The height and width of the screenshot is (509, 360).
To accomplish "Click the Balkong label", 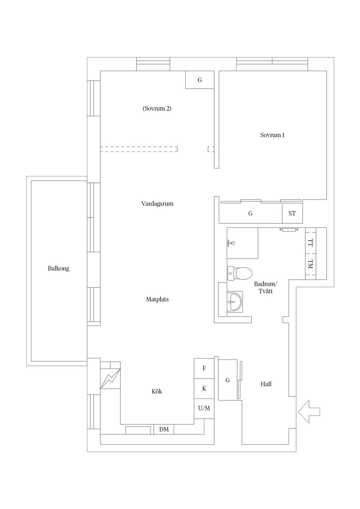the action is [58, 268].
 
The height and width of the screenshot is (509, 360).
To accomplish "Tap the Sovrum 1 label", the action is [272, 135].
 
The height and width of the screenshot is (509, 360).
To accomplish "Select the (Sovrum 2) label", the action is [157, 108].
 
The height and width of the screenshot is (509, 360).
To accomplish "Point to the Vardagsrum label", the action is [157, 204].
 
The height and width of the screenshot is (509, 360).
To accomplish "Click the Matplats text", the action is [157, 299].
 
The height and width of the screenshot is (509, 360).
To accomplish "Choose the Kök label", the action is [157, 391].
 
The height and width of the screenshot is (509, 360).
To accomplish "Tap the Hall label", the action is [266, 384].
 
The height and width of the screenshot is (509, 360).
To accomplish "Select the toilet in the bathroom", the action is [240, 273].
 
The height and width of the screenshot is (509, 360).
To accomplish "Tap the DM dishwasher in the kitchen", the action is [164, 429].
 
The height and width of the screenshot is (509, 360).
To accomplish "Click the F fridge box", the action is [204, 368].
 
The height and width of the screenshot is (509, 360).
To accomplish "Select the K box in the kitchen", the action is [204, 388].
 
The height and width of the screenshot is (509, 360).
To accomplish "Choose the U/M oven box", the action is [204, 409].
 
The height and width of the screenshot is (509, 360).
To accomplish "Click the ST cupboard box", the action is [292, 213].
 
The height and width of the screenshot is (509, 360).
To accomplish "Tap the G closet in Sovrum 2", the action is [200, 80].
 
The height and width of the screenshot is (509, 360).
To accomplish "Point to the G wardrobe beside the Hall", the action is [228, 380].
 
